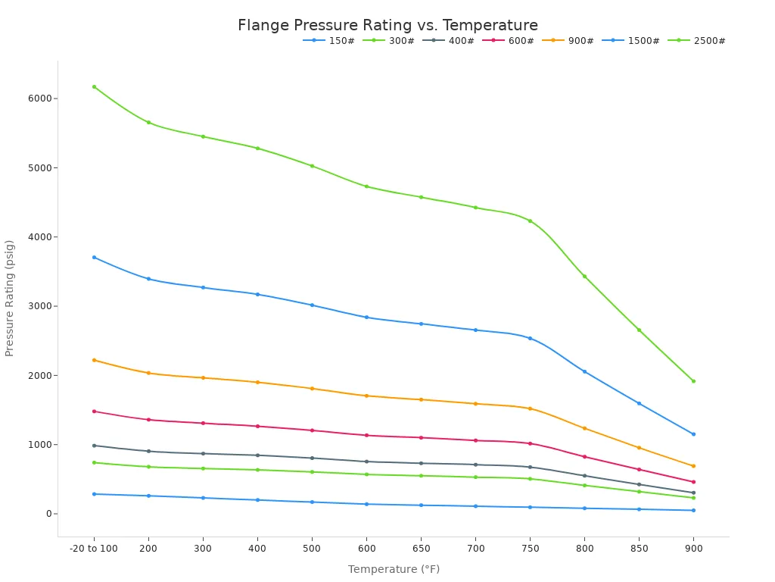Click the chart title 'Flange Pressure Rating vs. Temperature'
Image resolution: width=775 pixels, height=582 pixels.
pos(387,26)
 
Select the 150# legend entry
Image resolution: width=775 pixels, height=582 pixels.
pos(329,41)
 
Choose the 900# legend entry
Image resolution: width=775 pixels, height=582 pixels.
pos(568,41)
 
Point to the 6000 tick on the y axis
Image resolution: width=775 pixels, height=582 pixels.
pos(41,99)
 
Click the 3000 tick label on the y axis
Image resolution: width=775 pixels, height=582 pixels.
pos(41,306)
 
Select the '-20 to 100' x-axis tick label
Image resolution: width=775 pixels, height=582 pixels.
pos(94,548)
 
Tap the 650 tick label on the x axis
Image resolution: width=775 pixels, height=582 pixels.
pos(421,548)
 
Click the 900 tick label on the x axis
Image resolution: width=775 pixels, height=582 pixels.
pos(693,548)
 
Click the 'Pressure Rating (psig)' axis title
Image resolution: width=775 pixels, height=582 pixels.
pos(10,298)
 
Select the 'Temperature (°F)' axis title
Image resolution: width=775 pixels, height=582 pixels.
pos(394,570)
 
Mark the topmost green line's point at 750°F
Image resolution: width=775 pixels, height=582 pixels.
pos(530,221)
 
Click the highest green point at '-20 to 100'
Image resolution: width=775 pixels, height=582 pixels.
pos(94,86)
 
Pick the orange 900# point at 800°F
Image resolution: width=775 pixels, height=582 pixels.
pos(584,428)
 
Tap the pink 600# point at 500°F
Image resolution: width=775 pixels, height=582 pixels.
pos(312,430)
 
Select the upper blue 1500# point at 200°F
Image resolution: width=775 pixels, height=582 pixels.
pos(148,279)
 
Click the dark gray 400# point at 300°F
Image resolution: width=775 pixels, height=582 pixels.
pos(203,454)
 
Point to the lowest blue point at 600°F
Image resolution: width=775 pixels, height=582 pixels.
pos(366,504)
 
